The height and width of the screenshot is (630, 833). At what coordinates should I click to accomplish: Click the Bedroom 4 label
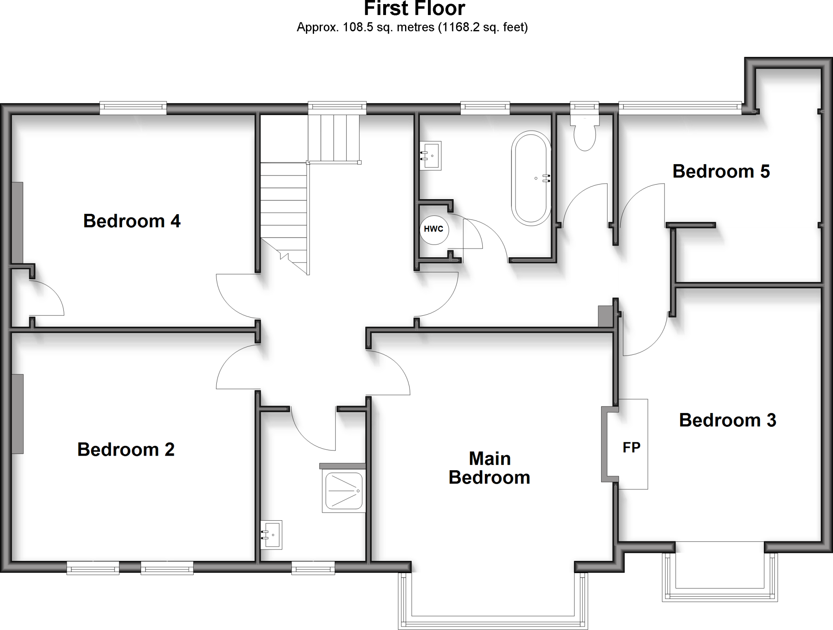[132, 221]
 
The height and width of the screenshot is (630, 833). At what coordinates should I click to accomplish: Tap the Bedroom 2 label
[126, 450]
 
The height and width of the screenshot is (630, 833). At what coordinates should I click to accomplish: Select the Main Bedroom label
[489, 468]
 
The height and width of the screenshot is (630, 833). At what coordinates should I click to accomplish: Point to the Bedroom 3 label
[727, 420]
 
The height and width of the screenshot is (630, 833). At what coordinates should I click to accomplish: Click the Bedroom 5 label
[721, 172]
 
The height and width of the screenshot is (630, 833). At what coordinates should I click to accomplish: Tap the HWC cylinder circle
[434, 230]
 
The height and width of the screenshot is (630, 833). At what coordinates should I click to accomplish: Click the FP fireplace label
[631, 447]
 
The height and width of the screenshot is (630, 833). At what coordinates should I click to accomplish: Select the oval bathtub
[531, 178]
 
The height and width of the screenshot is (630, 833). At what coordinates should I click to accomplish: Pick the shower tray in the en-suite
[344, 491]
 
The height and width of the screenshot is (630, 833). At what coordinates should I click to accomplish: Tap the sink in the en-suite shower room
[272, 535]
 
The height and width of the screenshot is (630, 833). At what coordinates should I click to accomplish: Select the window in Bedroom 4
[133, 108]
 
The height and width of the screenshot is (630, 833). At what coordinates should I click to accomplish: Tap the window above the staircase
[337, 108]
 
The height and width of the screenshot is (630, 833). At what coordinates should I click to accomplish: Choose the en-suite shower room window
[313, 567]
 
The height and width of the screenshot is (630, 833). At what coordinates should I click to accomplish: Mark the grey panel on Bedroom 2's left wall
[17, 414]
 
